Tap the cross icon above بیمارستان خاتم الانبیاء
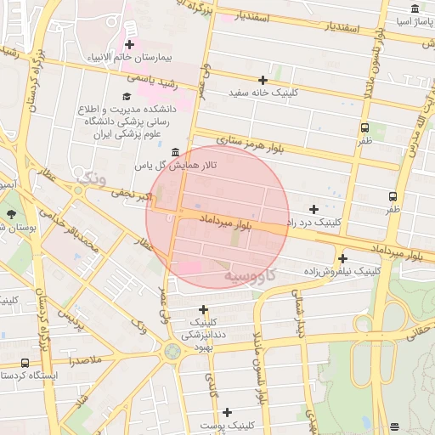pos(129,44)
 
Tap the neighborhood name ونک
pos(91,178)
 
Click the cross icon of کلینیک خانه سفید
pos(263,79)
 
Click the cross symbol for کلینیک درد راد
pos(314,209)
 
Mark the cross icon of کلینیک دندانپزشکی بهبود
pos(203,309)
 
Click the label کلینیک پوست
pos(227,424)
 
